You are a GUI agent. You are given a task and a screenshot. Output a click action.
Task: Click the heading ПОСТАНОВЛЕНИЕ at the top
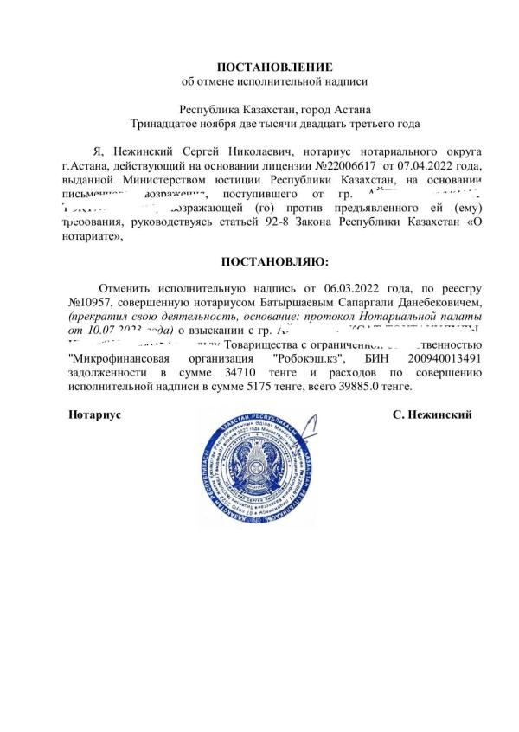click(x=273, y=67)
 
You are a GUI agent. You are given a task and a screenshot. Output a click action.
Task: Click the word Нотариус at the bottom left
click(x=94, y=414)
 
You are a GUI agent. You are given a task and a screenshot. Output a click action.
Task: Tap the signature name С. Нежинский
click(x=432, y=414)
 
